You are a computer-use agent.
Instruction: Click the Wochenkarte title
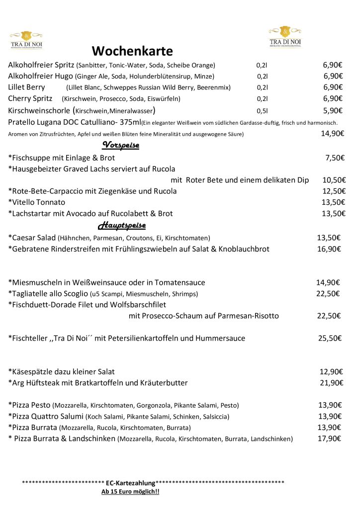coord(132,51)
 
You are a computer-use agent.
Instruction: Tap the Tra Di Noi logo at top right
coord(285,37)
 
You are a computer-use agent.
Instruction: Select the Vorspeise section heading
coord(120,145)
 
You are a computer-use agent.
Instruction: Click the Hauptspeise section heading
coord(122,226)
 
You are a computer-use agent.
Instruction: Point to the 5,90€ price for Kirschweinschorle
coord(332,110)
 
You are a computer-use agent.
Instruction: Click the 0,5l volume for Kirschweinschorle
coord(262,111)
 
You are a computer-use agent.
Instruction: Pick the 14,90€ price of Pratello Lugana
coord(332,133)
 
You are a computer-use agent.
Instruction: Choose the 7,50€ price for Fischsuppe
coord(335,158)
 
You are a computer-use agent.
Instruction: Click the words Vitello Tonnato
coord(39,202)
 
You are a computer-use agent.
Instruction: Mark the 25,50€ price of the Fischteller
coord(330,339)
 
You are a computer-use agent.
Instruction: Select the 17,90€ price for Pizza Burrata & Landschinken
coord(329,438)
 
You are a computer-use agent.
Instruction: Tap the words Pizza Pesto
coord(31,405)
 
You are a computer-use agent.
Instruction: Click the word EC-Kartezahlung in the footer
coord(130,483)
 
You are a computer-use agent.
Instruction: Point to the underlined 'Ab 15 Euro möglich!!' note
coord(130,492)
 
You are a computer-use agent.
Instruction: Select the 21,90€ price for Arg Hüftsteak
coord(331,383)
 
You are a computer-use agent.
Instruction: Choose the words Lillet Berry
coord(27,87)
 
